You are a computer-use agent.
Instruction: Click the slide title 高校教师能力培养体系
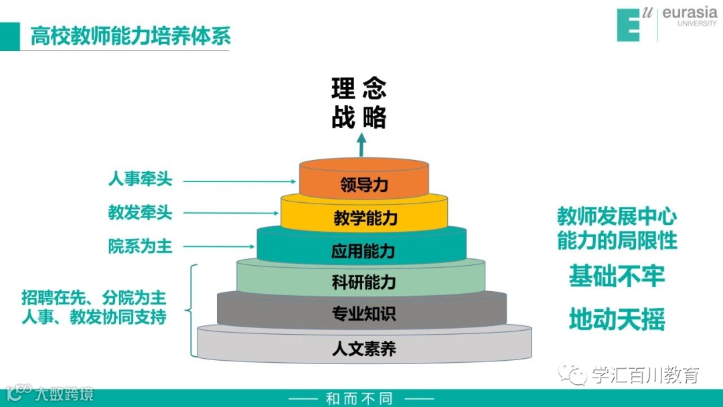click(x=131, y=36)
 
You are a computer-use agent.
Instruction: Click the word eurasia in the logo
click(x=689, y=13)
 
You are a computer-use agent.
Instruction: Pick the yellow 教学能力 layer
click(x=365, y=218)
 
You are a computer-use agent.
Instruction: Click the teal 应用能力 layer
click(x=363, y=251)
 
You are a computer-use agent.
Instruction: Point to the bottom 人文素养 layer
click(x=364, y=348)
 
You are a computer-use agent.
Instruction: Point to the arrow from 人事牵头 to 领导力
click(x=241, y=181)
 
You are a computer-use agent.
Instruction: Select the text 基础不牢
click(x=617, y=276)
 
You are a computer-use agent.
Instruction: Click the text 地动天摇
click(x=617, y=319)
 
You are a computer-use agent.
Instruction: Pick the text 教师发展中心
click(x=617, y=217)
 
